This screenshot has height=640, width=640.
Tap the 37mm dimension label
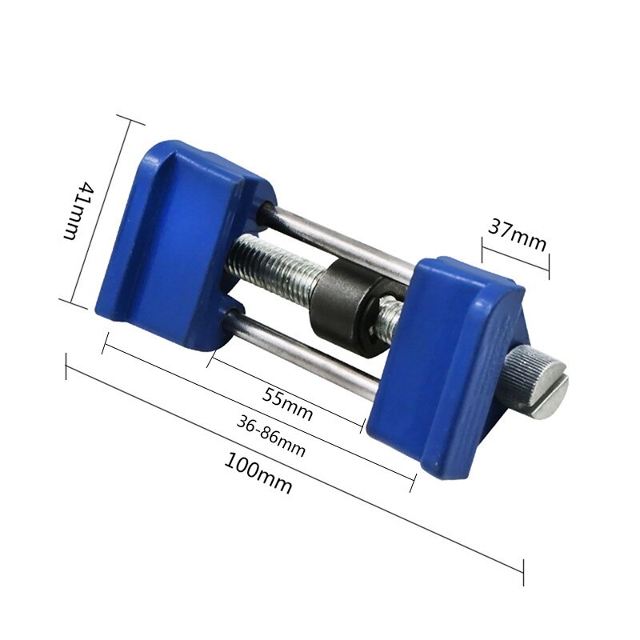[x=517, y=236]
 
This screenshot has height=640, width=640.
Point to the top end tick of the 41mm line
[x=130, y=119]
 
